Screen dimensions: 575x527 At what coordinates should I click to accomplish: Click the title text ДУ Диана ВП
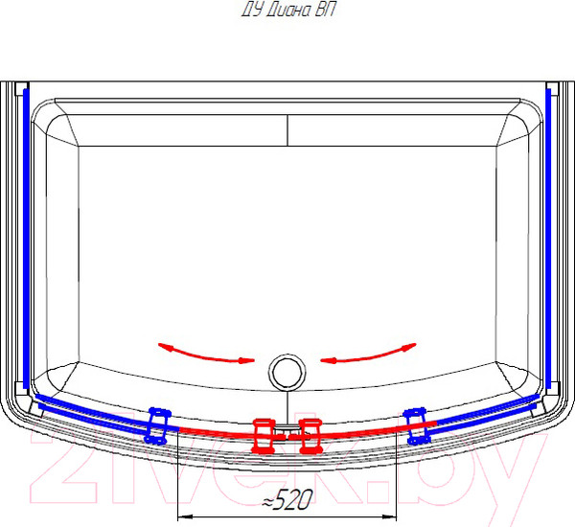(288, 11)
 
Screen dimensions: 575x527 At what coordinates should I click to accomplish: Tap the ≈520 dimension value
(287, 499)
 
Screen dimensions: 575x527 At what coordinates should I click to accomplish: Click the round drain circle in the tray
(287, 372)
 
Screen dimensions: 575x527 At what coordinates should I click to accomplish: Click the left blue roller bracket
(158, 425)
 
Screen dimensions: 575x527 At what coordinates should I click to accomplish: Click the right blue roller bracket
(417, 425)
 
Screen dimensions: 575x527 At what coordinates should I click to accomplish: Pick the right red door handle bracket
(310, 435)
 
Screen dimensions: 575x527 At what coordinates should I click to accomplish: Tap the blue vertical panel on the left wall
(26, 239)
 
